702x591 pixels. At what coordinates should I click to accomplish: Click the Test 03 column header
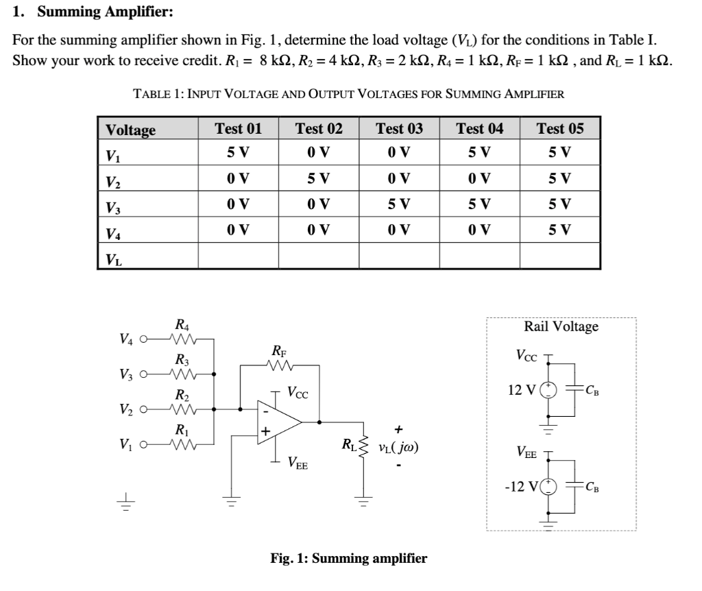tap(399, 129)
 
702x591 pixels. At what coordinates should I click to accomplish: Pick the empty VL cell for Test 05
tap(560, 256)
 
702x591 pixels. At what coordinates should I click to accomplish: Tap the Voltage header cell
tap(130, 130)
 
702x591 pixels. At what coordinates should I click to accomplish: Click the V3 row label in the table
tap(113, 206)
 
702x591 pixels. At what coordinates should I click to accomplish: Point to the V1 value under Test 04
tap(479, 152)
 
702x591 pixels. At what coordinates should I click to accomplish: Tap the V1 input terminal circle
tap(143, 444)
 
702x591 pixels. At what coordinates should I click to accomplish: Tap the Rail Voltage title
tap(561, 326)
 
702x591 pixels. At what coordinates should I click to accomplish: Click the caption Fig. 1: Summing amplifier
tap(348, 558)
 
